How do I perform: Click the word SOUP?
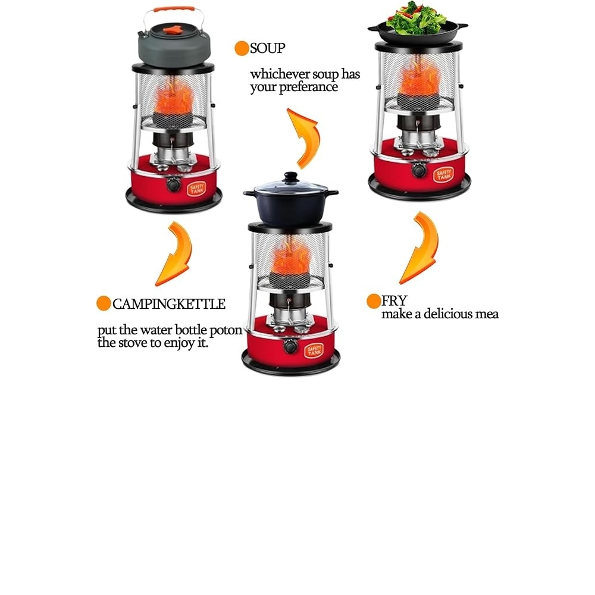pos(268,49)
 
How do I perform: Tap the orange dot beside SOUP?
pos(242,49)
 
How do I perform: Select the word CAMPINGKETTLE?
pos(169,304)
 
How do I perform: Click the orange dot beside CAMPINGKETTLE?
pos(104,303)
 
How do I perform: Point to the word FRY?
pos(394,301)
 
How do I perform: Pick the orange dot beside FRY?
pos(374,301)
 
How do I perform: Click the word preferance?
pos(308,87)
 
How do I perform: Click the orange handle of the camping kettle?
pos(174,8)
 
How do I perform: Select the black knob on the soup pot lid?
pos(291,177)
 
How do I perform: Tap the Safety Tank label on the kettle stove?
pos(196,188)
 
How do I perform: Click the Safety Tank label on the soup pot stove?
pos(314,350)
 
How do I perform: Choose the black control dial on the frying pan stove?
pos(418,170)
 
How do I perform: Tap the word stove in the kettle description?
pos(133,343)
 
